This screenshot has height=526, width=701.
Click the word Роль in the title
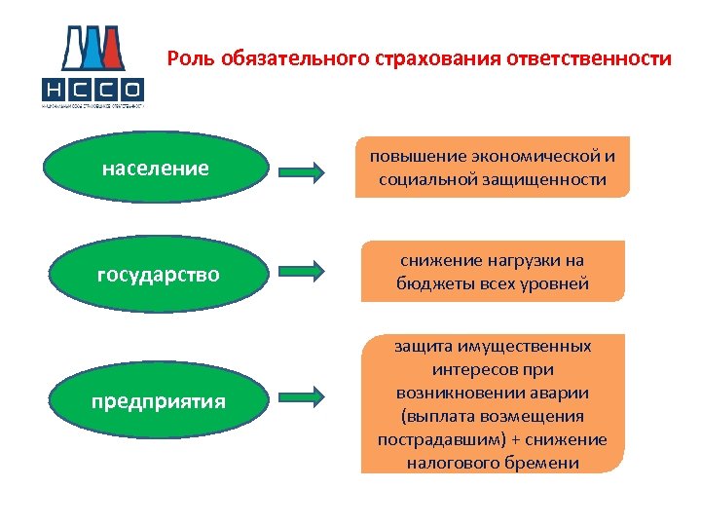tap(191, 58)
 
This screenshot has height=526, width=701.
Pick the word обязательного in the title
tap(292, 58)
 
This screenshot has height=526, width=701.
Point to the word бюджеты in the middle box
tap(434, 283)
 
